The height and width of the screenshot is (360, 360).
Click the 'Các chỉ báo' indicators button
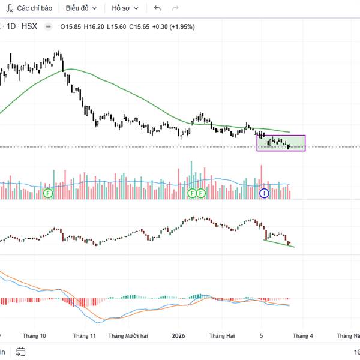point(29,8)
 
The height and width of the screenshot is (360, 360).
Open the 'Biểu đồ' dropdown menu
point(81,8)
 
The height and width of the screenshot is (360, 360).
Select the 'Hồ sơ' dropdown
point(125,8)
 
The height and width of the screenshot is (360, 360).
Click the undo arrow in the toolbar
point(157,8)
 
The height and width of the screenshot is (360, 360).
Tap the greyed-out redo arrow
point(175,8)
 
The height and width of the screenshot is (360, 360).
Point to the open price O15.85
point(71,26)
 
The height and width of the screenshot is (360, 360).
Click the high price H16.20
point(94,26)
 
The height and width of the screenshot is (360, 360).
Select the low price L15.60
point(117,26)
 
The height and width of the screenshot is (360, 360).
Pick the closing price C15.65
point(140,26)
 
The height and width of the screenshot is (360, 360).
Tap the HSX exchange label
point(29,26)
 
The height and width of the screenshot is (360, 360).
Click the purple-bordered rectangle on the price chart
point(281,143)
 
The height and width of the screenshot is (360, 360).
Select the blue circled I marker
point(263,193)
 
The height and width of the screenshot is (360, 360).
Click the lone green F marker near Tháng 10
point(48,193)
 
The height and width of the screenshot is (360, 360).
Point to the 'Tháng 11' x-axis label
point(84,337)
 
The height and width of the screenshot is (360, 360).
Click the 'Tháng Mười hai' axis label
point(128,337)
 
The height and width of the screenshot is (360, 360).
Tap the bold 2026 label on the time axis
point(179,337)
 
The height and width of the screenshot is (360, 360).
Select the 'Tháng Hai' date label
point(222,337)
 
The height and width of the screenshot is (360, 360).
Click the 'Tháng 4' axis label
point(302,337)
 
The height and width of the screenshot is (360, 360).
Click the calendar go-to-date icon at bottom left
point(20,352)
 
